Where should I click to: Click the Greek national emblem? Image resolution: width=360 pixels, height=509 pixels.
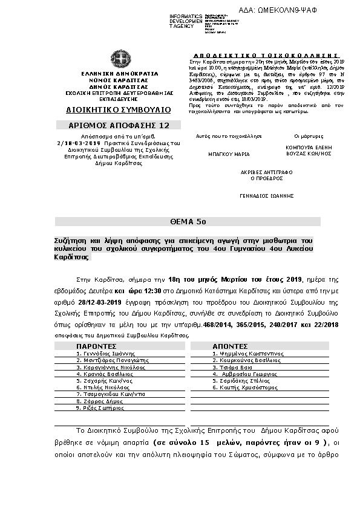(x=119, y=60)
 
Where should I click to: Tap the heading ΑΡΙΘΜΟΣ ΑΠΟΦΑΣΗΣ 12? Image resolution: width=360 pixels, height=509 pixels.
(x=119, y=126)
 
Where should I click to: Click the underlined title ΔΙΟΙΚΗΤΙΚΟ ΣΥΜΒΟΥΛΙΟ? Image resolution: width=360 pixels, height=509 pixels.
(x=119, y=110)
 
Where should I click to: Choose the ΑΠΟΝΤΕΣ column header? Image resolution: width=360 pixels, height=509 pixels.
(x=228, y=346)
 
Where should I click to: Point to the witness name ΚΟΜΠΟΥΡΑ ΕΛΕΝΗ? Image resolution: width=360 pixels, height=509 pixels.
(x=309, y=147)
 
